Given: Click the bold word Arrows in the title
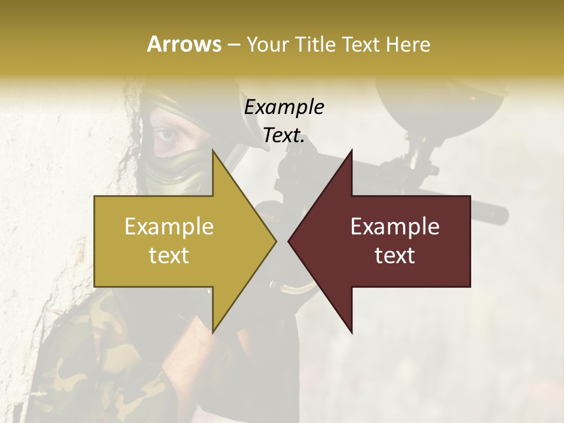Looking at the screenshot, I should click(x=183, y=44).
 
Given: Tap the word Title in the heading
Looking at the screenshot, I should click(x=315, y=44).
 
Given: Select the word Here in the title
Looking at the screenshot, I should click(x=409, y=44).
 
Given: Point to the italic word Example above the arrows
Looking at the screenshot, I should click(x=284, y=108).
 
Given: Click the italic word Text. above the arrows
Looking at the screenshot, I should click(x=284, y=136).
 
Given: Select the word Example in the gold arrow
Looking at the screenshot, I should click(x=169, y=227).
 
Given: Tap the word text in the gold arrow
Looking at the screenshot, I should click(x=169, y=255).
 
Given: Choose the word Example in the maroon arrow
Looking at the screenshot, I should click(x=395, y=227).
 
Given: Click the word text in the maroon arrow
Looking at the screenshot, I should click(x=395, y=255).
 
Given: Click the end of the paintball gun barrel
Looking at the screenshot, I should click(x=502, y=214).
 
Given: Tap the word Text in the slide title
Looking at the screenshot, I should click(x=361, y=44).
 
